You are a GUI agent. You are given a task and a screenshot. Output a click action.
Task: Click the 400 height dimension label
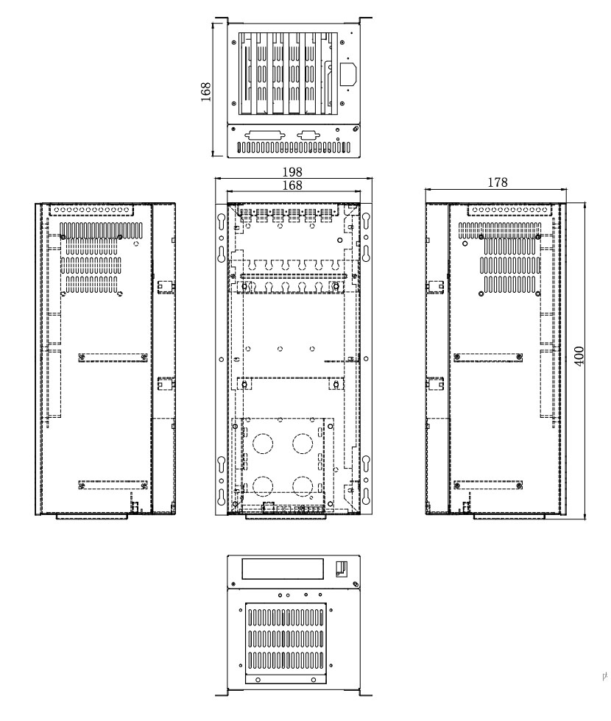pos(579,356)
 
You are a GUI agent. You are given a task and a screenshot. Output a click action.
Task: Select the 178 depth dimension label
pos(498,182)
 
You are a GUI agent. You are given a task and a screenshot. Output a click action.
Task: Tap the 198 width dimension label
pos(292,172)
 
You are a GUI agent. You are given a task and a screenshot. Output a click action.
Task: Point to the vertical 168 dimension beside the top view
pos(205,91)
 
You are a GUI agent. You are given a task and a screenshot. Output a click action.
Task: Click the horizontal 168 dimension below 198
pos(292,185)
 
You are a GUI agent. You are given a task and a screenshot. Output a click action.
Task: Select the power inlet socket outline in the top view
pos(348,74)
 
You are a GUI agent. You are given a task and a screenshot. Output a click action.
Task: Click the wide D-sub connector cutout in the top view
pos(266,135)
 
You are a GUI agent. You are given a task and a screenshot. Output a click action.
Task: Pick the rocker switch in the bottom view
pos(342,569)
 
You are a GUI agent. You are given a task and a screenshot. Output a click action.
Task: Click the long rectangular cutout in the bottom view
pos(283,569)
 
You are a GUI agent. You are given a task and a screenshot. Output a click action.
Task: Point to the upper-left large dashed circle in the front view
pos(263,444)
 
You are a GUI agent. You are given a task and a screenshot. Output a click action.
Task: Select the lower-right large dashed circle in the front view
pos(303,486)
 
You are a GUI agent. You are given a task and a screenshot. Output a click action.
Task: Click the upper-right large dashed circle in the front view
pos(303,444)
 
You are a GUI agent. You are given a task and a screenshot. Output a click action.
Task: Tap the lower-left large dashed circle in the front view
pos(263,486)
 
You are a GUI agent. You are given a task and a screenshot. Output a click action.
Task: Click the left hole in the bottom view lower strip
pos(258,680)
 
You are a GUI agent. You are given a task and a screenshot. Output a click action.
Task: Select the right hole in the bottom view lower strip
pos(314,680)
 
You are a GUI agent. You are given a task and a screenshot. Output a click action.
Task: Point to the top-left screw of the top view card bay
pos(234,43)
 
